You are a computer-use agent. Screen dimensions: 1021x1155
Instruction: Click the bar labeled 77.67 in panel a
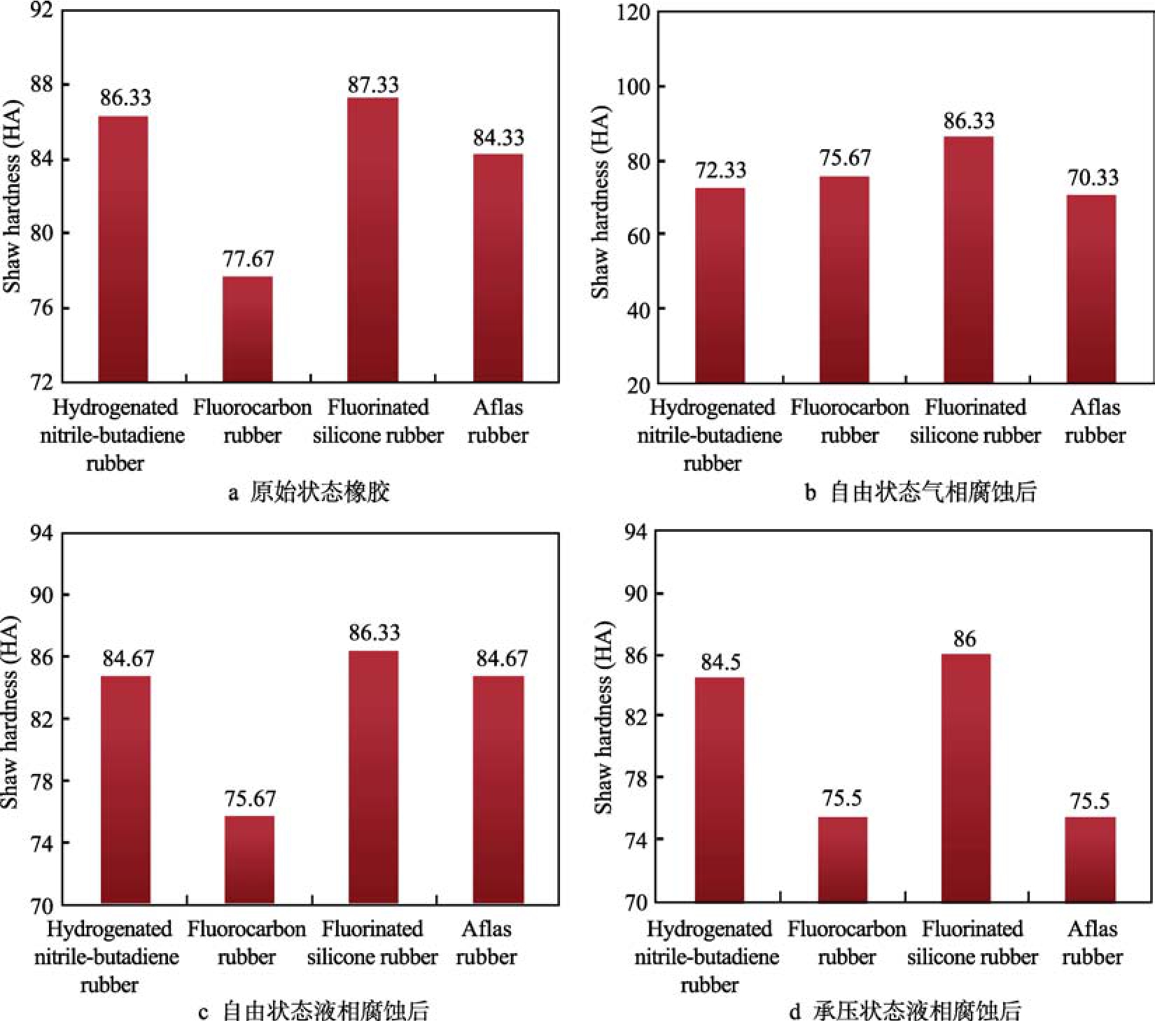pyautogui.click(x=248, y=329)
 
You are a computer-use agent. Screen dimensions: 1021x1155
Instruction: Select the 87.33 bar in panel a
pyautogui.click(x=372, y=240)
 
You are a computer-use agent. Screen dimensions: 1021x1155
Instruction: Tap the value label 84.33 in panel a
pyautogui.click(x=498, y=138)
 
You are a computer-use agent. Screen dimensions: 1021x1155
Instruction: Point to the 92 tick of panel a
pyautogui.click(x=41, y=11)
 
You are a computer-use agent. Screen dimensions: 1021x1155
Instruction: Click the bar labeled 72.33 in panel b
pyautogui.click(x=720, y=286)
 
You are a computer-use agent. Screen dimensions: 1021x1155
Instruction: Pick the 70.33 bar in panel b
pyautogui.click(x=1091, y=288)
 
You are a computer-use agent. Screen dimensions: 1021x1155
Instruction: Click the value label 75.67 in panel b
pyautogui.click(x=845, y=158)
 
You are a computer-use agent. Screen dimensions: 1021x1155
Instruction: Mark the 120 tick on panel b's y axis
pyautogui.click(x=633, y=13)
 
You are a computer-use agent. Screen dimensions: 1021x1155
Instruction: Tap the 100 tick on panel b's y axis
pyautogui.click(x=633, y=87)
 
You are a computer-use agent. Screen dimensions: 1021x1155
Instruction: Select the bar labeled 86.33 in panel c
pyautogui.click(x=373, y=777)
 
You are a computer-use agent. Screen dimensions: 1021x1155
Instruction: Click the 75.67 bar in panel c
pyautogui.click(x=249, y=859)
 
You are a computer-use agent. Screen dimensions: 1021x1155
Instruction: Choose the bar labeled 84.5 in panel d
pyautogui.click(x=720, y=789)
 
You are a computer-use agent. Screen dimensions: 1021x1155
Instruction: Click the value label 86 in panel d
pyautogui.click(x=964, y=639)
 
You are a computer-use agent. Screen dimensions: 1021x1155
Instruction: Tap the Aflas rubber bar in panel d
pyautogui.click(x=1090, y=859)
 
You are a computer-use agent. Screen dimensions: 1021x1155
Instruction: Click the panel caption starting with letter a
pyautogui.click(x=309, y=493)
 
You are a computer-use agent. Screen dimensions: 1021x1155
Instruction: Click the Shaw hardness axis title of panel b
pyautogui.click(x=601, y=203)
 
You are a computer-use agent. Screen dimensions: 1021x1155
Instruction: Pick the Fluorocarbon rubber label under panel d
pyautogui.click(x=846, y=943)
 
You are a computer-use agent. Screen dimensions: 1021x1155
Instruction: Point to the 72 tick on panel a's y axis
pyautogui.click(x=41, y=382)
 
